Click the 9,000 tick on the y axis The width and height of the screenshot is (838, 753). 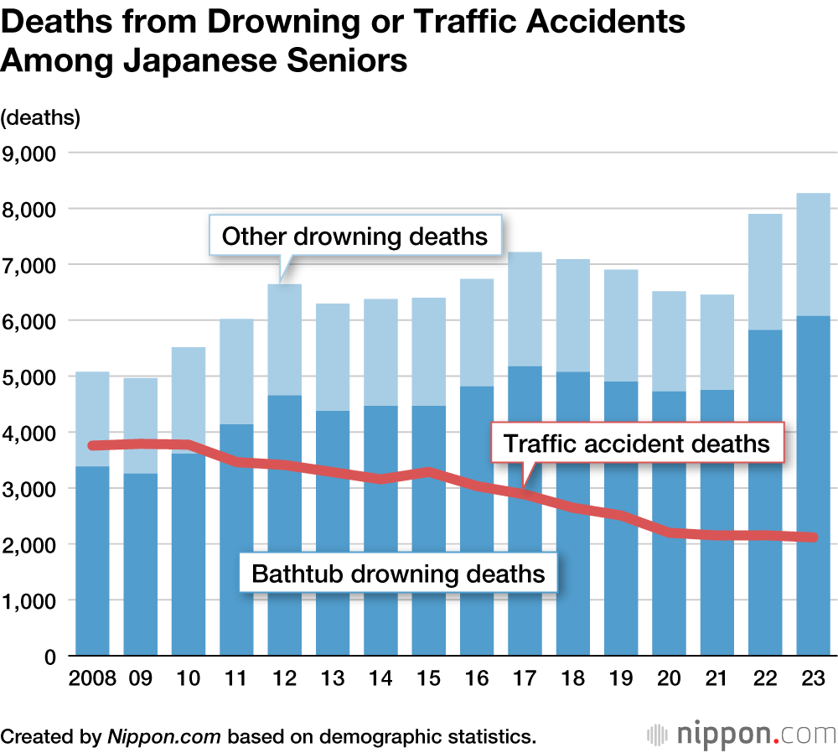[28, 153]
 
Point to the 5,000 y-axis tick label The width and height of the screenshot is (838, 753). [28, 377]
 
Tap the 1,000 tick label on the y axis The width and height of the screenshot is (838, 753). [28, 601]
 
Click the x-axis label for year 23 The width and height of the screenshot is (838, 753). [813, 678]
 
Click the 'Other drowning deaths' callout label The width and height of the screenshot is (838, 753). [354, 236]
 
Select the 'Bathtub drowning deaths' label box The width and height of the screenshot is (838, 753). [399, 574]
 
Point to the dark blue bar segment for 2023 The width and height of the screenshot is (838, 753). [813, 486]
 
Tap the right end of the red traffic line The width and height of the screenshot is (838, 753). [814, 537]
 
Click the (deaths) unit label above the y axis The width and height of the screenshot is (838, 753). [41, 117]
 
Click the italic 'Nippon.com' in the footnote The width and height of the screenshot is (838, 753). [163, 737]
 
